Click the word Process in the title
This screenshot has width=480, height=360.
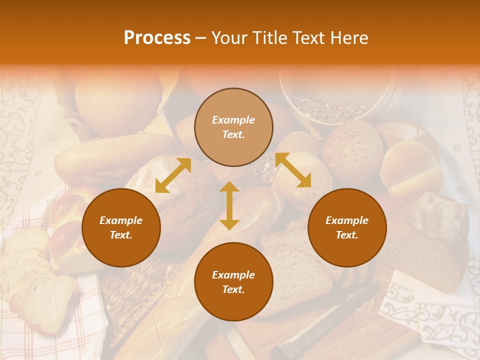coord(157,38)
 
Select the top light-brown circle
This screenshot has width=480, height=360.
coord(233,127)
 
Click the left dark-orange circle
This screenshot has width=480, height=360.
coord(121,228)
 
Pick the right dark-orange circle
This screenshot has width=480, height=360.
coord(347,228)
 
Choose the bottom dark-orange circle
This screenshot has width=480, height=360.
coord(233,282)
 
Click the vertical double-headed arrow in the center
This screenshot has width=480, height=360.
coord(229,205)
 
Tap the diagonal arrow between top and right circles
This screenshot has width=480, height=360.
coord(293,170)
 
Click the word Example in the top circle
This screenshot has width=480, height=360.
coord(233,120)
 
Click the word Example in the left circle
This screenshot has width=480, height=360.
coord(121,220)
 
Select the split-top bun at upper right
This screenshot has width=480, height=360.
coord(410,167)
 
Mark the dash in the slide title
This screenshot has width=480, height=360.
coord(201,38)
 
